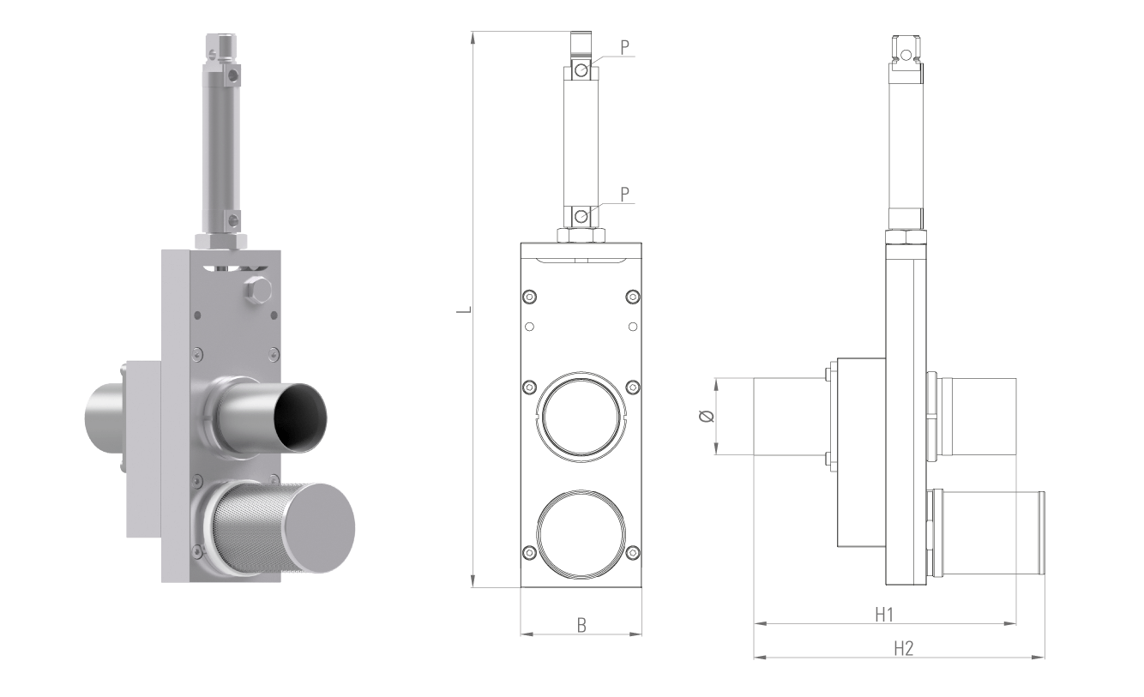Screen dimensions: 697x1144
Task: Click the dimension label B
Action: (x=581, y=625)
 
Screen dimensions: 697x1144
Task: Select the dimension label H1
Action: (x=884, y=614)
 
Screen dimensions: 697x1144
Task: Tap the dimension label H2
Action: (x=903, y=648)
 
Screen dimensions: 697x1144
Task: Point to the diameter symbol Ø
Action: (x=706, y=417)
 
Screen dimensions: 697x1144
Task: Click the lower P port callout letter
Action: (x=624, y=195)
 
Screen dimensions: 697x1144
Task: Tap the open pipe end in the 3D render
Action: (x=301, y=415)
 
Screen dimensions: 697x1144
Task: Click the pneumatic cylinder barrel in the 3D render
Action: (x=220, y=146)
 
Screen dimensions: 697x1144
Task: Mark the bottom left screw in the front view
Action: (x=529, y=551)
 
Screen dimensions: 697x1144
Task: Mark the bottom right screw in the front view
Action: (x=633, y=551)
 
